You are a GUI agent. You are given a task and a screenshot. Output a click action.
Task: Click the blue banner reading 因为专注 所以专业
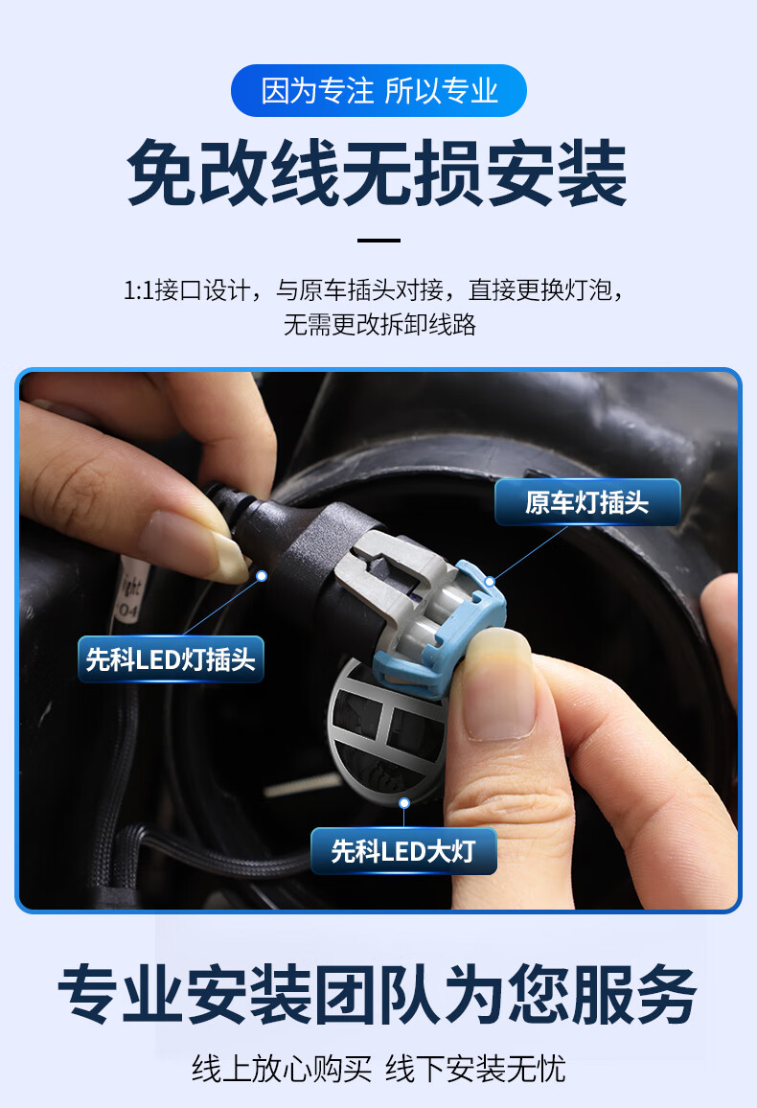point(378,91)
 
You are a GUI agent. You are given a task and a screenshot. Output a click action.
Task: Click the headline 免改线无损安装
point(378,173)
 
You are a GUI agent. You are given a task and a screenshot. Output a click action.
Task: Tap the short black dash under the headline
point(378,241)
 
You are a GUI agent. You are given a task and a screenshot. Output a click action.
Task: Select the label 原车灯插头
point(586,503)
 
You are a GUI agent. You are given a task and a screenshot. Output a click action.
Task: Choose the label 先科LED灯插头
point(171,659)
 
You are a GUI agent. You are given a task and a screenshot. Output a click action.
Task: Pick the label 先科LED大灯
point(403,851)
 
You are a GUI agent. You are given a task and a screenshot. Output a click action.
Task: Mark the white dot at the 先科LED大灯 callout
point(404,803)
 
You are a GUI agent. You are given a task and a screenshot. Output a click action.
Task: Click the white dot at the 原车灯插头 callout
point(490,581)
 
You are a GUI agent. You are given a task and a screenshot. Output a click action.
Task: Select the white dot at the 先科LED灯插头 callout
point(261,576)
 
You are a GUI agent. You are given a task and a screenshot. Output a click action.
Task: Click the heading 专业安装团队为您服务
point(378,997)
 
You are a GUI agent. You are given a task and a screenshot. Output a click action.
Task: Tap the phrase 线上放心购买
point(282,1069)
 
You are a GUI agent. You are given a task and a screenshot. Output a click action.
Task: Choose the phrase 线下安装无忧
point(476,1069)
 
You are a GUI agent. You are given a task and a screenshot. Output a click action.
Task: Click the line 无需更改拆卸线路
point(378,324)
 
